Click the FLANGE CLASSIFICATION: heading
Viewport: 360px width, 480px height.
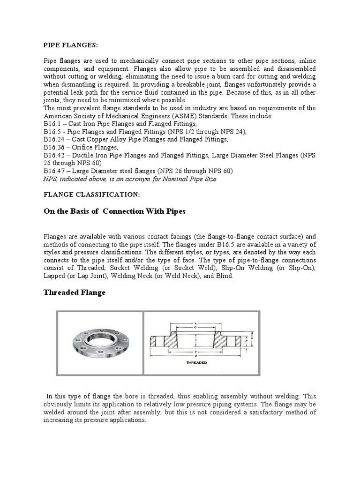click(85, 194)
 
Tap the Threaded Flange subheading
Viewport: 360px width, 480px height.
click(75, 292)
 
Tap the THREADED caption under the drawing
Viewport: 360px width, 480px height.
click(196, 362)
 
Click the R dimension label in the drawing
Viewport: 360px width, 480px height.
click(196, 352)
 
